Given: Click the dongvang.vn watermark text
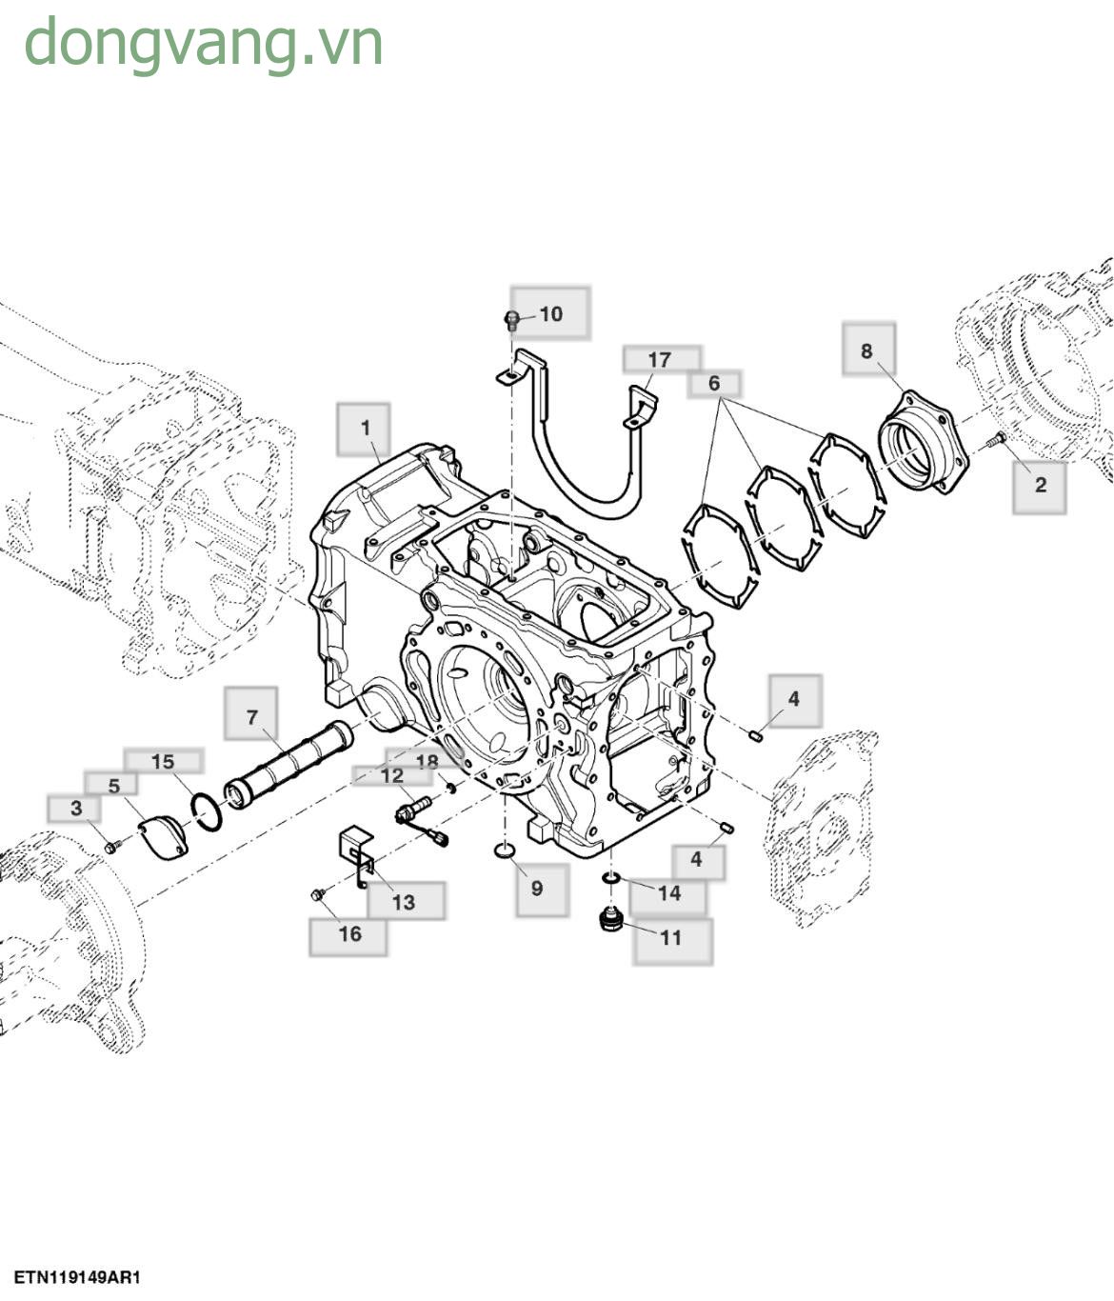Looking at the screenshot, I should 203,44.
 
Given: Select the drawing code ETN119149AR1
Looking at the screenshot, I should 77,1277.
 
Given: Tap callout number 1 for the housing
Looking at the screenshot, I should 365,428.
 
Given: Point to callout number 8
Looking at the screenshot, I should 866,350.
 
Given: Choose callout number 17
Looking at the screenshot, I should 660,359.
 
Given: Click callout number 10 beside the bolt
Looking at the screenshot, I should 551,313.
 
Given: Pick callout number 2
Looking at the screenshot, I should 1040,485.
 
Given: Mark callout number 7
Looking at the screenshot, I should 251,716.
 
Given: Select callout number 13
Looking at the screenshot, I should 404,901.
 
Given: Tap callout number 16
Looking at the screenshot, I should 349,933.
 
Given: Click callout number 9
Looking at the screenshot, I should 537,888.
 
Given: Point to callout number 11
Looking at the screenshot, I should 671,937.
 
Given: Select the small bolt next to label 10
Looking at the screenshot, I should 511,319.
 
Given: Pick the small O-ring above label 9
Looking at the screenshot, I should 505,849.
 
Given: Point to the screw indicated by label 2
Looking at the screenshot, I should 995,439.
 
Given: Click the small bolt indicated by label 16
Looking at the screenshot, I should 319,893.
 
